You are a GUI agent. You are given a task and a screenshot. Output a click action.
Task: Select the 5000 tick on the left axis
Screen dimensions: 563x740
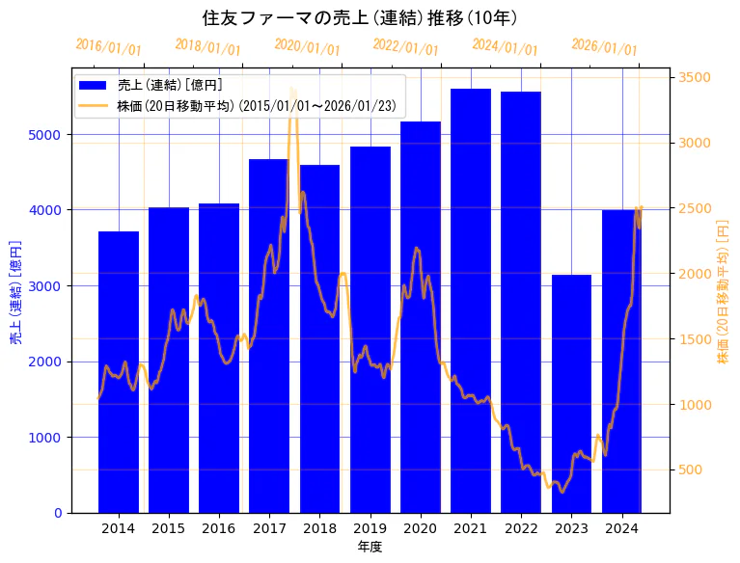(x=49, y=134)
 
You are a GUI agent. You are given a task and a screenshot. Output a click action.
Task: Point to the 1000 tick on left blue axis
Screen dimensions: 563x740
(x=49, y=438)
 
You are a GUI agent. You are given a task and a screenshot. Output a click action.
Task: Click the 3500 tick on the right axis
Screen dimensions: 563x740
(x=695, y=78)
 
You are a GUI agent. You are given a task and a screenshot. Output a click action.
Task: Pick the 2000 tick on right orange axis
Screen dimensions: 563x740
(x=695, y=274)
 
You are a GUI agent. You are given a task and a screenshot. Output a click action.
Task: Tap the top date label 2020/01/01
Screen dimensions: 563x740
(x=307, y=47)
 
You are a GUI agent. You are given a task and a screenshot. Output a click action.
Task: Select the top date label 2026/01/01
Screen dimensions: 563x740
(x=604, y=47)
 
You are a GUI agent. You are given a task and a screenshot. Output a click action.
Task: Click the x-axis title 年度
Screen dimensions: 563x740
(x=370, y=547)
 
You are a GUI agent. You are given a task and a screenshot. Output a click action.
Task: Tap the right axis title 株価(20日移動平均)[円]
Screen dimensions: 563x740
(x=723, y=290)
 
